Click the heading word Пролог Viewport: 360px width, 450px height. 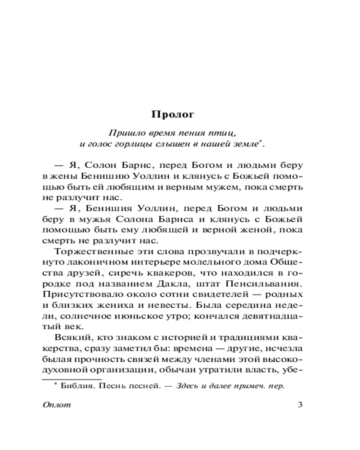(x=172, y=114)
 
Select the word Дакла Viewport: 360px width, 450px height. (x=190, y=283)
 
